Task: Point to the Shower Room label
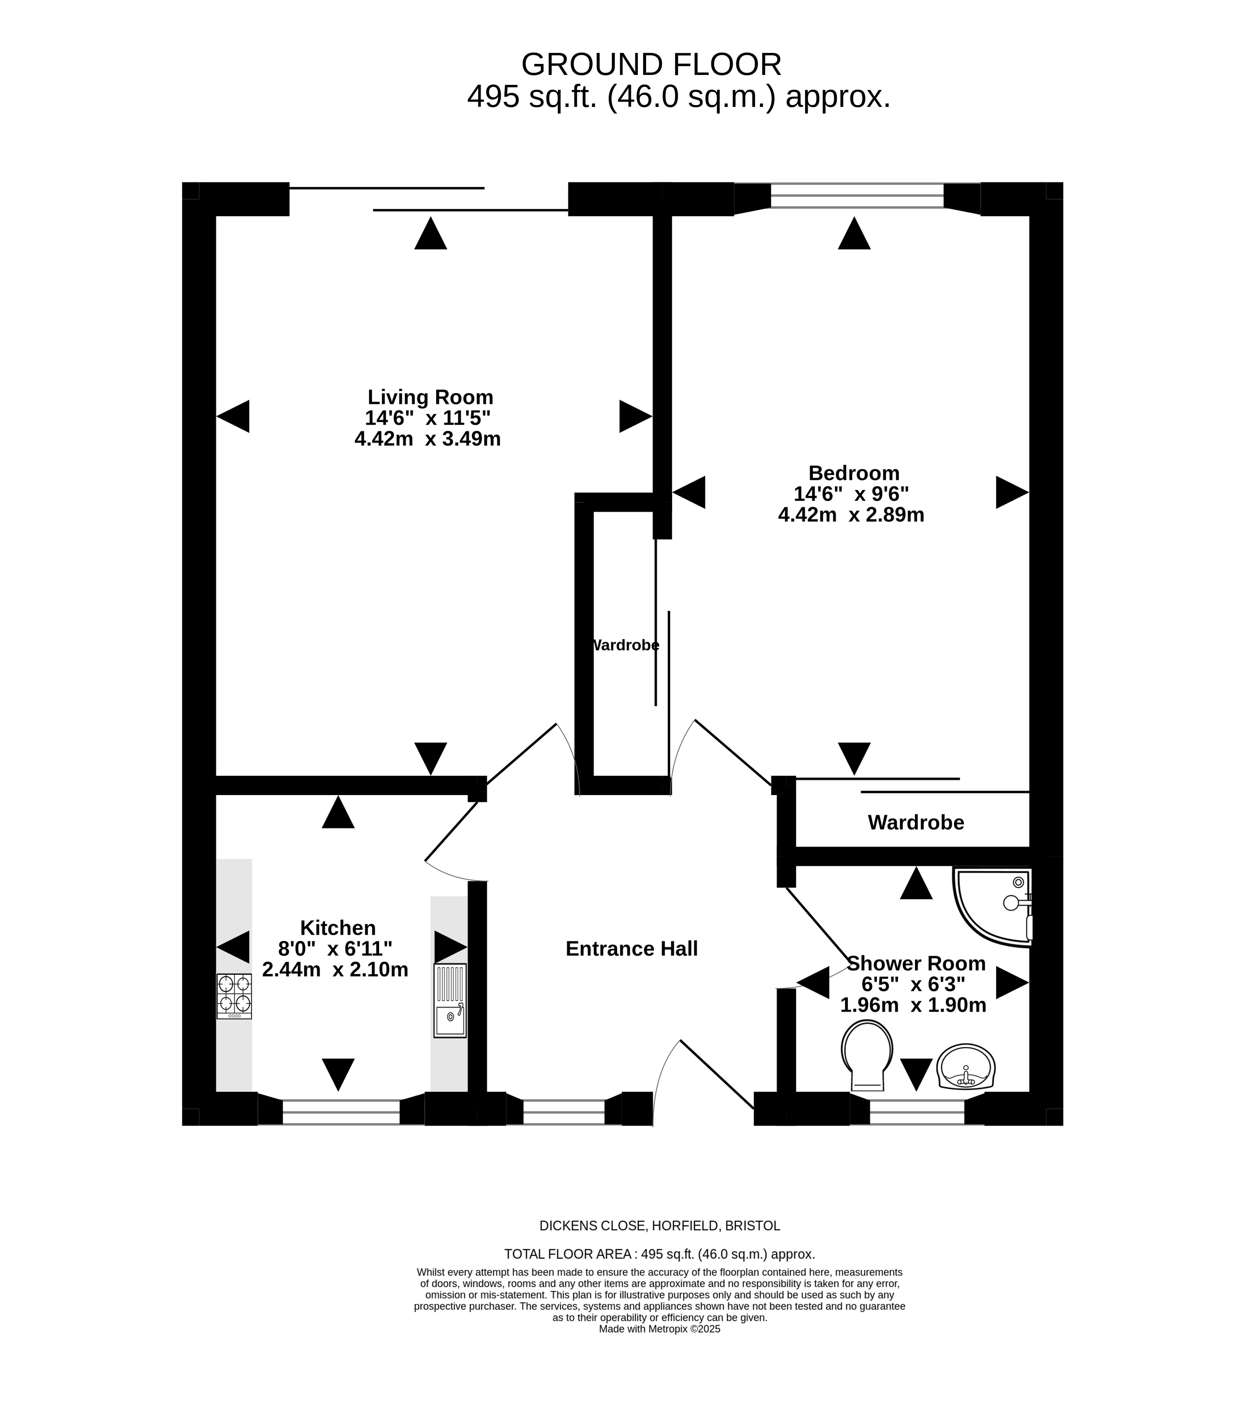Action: click(x=916, y=964)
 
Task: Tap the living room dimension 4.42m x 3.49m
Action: click(x=427, y=439)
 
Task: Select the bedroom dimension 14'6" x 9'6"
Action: click(x=851, y=494)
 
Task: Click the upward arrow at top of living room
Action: click(x=431, y=233)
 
